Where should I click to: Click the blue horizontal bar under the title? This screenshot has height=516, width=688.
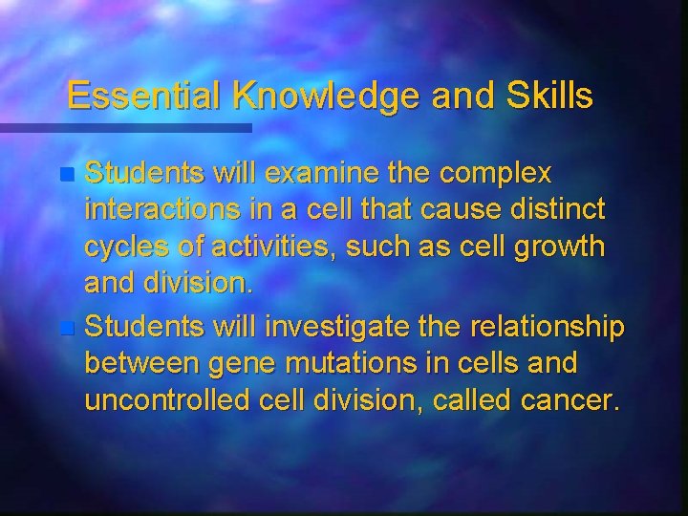click(125, 127)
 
